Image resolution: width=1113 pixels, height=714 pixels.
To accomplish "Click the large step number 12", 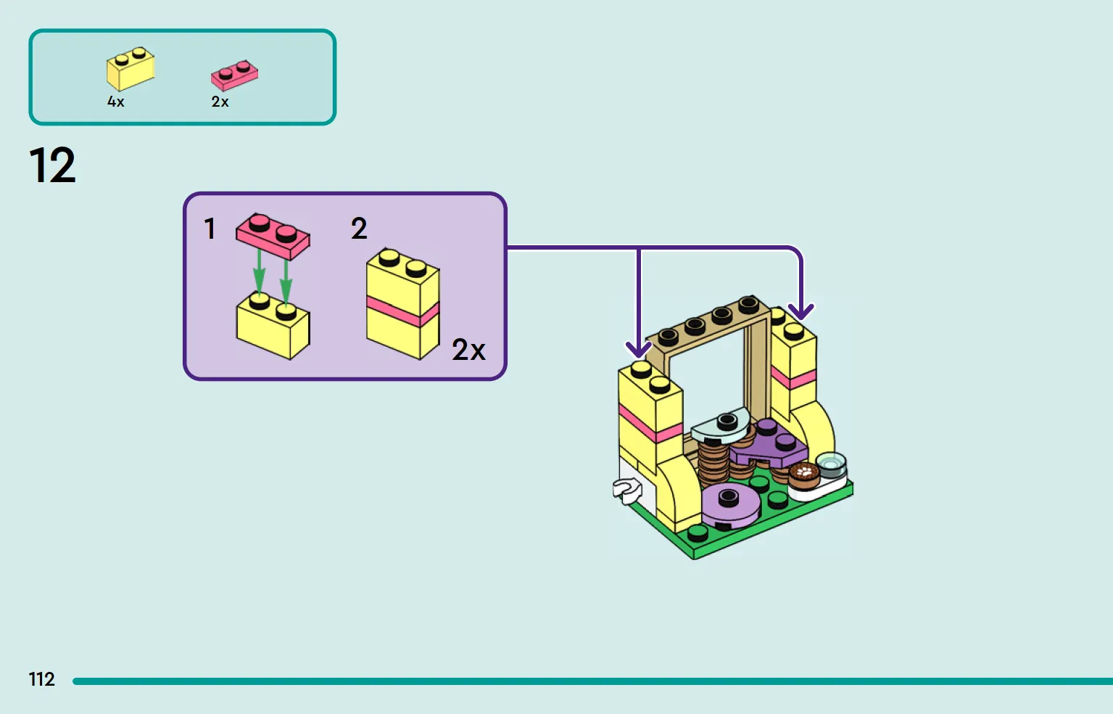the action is (52, 165).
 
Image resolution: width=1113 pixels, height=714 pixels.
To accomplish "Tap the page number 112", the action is (42, 679).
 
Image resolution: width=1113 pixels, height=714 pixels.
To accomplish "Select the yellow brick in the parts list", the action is (131, 69).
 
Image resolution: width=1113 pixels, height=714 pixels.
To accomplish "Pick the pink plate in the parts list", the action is (234, 75).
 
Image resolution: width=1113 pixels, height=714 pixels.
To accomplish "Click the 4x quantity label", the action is (116, 102).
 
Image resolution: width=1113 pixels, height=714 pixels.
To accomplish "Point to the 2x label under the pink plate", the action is (220, 102).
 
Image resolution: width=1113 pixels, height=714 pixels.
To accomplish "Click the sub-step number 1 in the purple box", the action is (210, 229).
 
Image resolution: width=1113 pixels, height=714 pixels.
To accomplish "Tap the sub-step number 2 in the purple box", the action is (359, 229).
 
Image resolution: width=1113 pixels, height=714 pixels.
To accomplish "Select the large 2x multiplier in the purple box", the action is (468, 350).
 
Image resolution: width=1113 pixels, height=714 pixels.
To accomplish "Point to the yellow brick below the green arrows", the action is (273, 327).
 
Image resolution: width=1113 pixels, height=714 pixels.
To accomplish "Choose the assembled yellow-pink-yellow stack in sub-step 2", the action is (403, 304).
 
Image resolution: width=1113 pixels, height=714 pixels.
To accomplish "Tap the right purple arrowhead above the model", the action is (801, 312).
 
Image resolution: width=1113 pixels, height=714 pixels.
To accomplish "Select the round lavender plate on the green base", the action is (730, 505).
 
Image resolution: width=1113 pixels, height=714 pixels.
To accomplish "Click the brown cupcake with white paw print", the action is (803, 476).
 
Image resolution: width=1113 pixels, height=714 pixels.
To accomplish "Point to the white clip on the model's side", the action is (627, 491).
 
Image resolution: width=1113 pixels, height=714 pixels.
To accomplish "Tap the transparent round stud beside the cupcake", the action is (831, 464).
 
